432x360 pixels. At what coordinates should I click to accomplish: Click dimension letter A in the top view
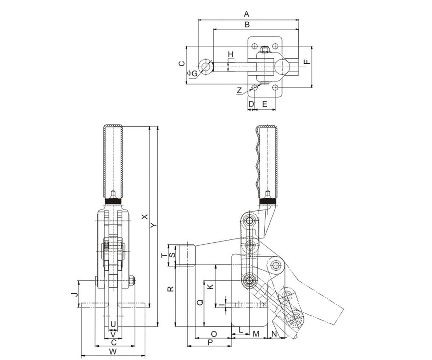coord(247,14)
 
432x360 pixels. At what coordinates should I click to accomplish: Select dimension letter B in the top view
coord(247,25)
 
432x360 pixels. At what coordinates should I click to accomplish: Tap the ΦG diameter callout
coord(193,73)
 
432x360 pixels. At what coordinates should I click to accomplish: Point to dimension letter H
coord(231,54)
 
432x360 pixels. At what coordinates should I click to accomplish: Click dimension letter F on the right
coord(306,62)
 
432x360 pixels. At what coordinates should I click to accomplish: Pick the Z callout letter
coord(239,90)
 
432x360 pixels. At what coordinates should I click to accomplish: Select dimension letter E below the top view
coord(264,104)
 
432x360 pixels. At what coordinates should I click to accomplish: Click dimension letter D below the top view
coord(251,104)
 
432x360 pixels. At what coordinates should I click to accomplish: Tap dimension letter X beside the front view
coord(145,217)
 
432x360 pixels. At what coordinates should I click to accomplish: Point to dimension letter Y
coord(154,225)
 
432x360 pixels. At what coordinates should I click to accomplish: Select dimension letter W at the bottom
coord(113,351)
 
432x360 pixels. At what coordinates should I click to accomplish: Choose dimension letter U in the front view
coord(113,324)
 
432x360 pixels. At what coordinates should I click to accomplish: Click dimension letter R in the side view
coord(171,289)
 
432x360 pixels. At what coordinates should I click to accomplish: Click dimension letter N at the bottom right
coord(274,334)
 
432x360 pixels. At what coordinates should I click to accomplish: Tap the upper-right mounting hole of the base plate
coord(275,46)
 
